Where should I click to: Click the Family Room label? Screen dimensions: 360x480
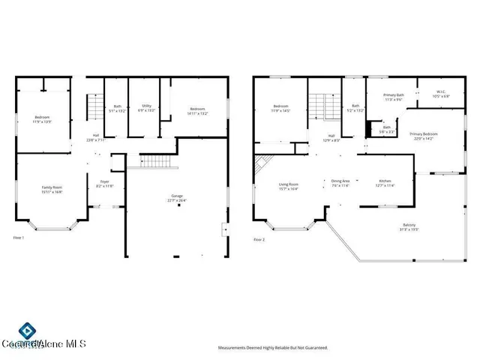pos(52,189)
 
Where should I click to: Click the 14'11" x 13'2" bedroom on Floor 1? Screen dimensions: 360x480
pos(198,110)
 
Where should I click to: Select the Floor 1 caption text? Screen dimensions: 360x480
pos(19,238)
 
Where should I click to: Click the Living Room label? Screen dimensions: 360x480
pos(289,186)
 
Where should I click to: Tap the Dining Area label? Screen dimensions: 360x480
pos(340,183)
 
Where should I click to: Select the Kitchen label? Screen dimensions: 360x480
pos(384,183)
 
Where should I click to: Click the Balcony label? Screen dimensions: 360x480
pos(409,226)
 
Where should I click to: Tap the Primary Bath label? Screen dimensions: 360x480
pos(394,97)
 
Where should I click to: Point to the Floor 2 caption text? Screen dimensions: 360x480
pos(258,238)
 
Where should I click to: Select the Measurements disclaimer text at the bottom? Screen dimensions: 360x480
pos(273,348)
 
